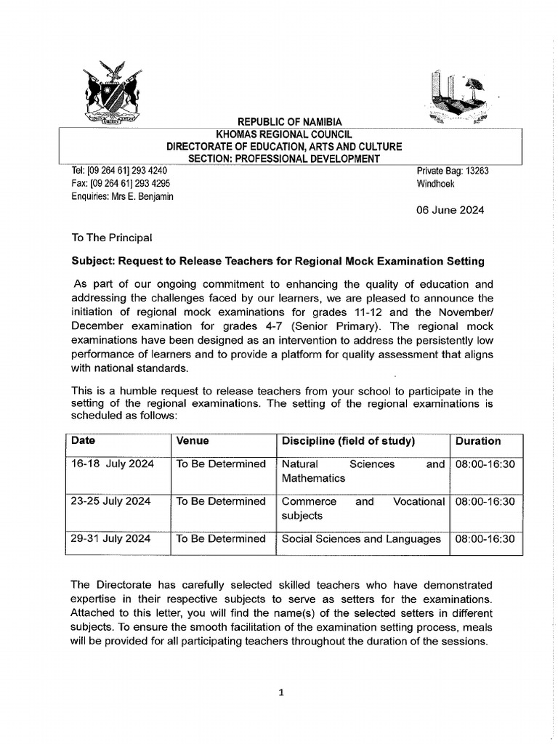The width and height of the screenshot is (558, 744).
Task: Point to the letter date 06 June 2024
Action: [x=450, y=211]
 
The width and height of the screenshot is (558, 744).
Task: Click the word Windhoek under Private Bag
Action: [x=435, y=184]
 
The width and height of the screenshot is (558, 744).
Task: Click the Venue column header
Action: [x=193, y=441]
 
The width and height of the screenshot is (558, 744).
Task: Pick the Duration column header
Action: [x=477, y=441]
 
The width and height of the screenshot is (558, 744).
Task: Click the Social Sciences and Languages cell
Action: [x=360, y=539]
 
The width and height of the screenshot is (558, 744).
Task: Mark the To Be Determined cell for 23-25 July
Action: [x=221, y=501]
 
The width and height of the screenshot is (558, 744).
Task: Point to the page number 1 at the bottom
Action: [x=280, y=692]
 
